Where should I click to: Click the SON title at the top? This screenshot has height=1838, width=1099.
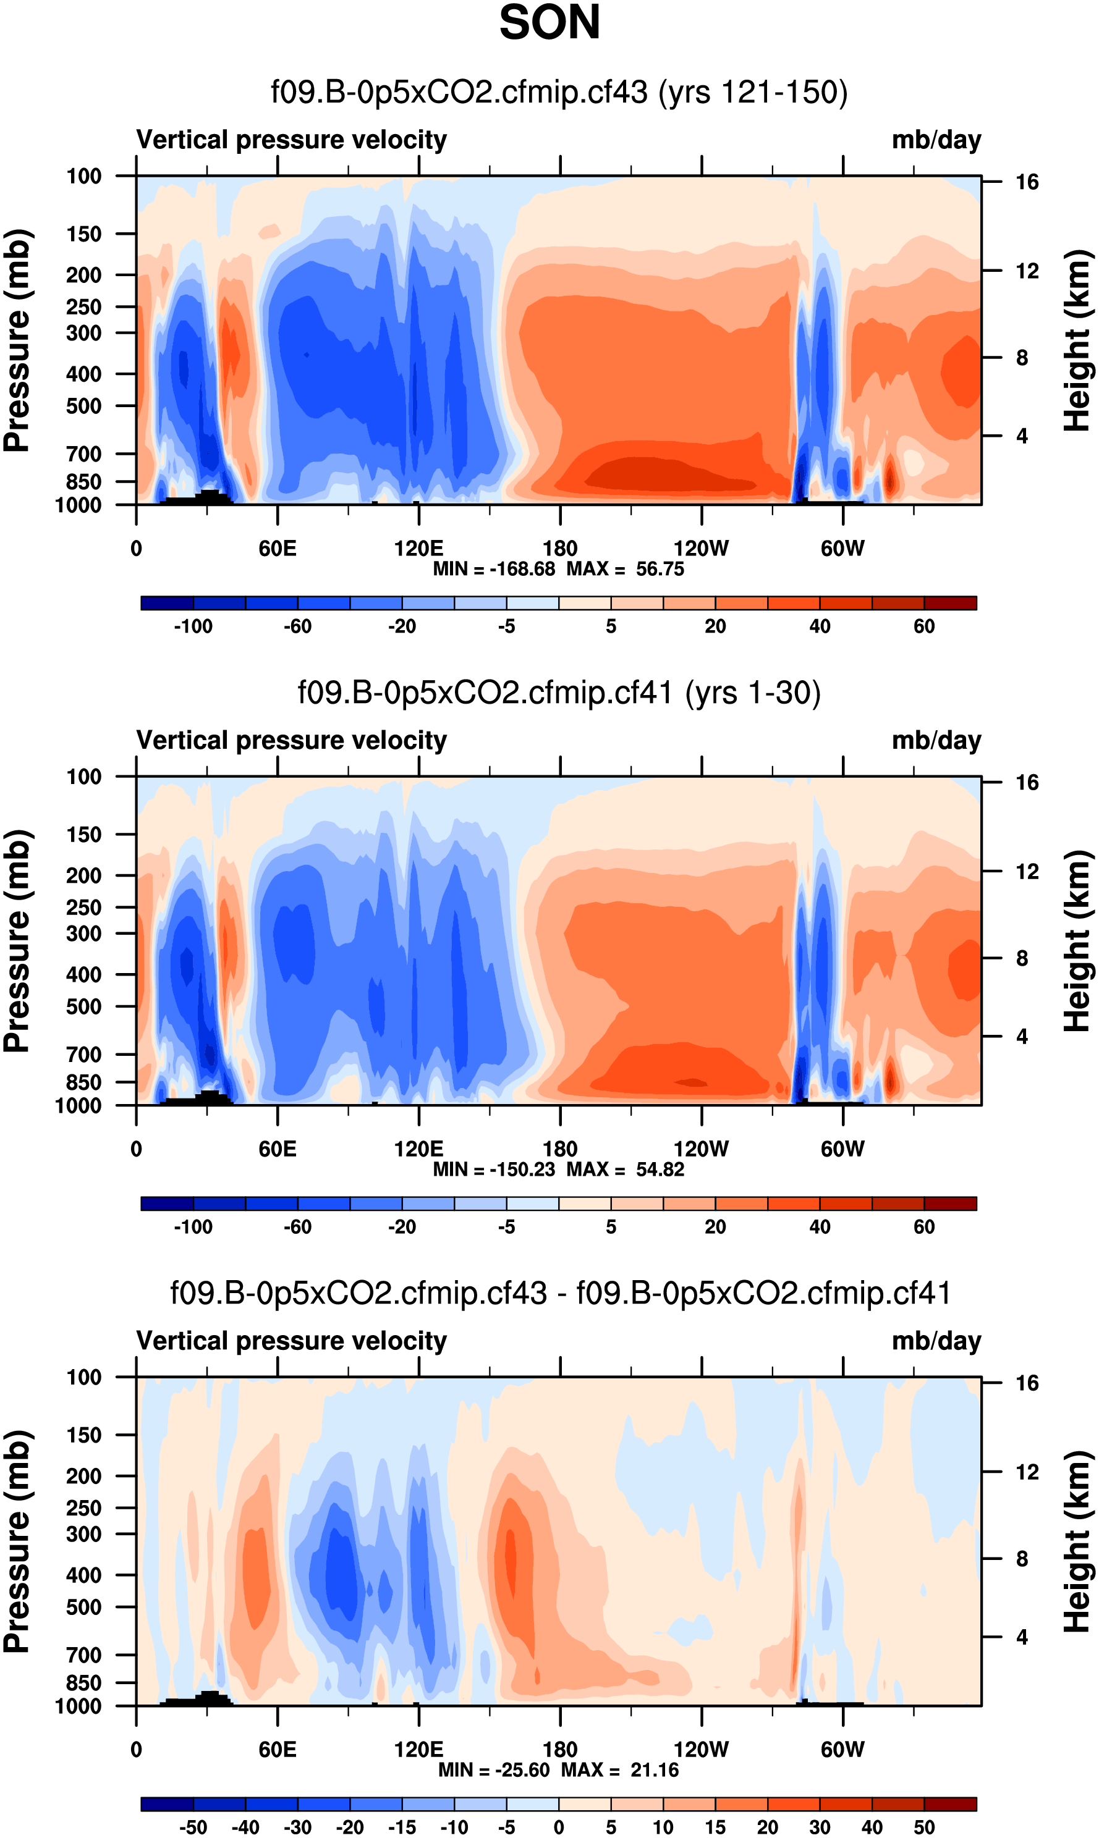pyautogui.click(x=549, y=23)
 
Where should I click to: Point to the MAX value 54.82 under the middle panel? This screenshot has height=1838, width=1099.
pyautogui.click(x=660, y=1169)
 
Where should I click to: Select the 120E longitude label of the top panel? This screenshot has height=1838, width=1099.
pyautogui.click(x=418, y=549)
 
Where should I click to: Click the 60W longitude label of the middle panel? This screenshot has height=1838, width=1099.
pyautogui.click(x=842, y=1149)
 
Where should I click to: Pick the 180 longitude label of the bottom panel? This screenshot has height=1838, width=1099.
pyautogui.click(x=560, y=1749)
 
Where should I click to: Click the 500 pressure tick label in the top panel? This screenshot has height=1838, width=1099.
pyautogui.click(x=83, y=407)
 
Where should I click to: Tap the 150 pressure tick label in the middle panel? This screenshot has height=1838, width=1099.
pyautogui.click(x=83, y=834)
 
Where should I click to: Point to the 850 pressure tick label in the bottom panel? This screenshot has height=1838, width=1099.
pyautogui.click(x=83, y=1682)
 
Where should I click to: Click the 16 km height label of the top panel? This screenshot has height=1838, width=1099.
pyautogui.click(x=1027, y=182)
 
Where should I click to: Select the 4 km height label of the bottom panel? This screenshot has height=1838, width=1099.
pyautogui.click(x=1022, y=1637)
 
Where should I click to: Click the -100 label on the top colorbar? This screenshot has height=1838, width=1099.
pyautogui.click(x=193, y=626)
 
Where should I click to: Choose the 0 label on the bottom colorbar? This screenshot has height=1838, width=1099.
pyautogui.click(x=558, y=1827)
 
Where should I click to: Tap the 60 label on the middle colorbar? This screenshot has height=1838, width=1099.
pyautogui.click(x=923, y=1226)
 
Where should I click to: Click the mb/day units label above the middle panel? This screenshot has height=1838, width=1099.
pyautogui.click(x=936, y=740)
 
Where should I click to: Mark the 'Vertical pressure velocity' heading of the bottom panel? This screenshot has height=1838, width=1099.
pyautogui.click(x=292, y=1341)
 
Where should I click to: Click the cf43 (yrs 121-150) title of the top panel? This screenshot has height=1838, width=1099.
pyautogui.click(x=559, y=93)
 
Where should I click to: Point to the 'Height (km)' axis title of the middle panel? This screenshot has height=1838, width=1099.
pyautogui.click(x=1077, y=941)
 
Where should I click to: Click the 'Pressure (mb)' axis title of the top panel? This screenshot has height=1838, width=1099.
pyautogui.click(x=16, y=340)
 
